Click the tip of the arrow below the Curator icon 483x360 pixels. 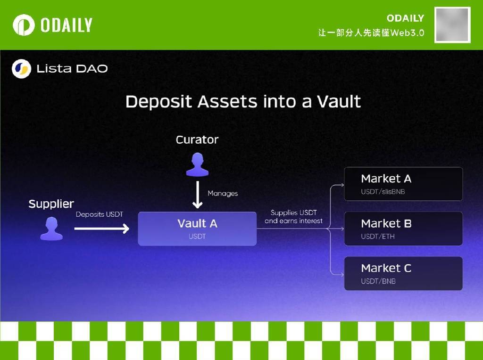tap(198, 208)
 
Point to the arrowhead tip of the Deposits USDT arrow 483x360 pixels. tap(129, 229)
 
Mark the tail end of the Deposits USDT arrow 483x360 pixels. tap(75, 229)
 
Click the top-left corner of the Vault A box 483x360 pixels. tap(138, 212)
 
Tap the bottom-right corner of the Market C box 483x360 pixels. tap(462, 290)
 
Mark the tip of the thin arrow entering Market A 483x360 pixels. tap(344, 185)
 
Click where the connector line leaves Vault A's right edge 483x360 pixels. tap(257, 229)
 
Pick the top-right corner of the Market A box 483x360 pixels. tap(462, 167)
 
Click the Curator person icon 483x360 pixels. tap(198, 164)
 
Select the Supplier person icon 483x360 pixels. tap(51, 229)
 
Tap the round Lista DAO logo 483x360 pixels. tap(22, 69)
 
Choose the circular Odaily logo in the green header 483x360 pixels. tap(24, 25)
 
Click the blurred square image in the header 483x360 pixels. tap(452, 25)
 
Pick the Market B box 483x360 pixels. tap(403, 229)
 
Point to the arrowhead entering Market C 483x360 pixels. tap(342, 274)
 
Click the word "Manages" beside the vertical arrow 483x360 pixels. tap(223, 194)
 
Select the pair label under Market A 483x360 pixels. tap(383, 192)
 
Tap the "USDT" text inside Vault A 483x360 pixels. tap(197, 236)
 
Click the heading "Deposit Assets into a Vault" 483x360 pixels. tap(243, 102)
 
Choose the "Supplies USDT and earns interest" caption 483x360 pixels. tap(293, 217)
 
